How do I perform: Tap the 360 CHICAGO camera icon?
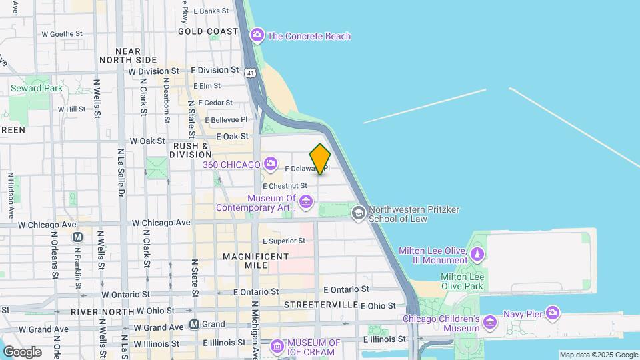[270, 163]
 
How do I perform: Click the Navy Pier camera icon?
[553, 312]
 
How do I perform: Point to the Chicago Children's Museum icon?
[490, 323]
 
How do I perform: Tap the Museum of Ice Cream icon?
[277, 347]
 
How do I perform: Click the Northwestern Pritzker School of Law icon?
[358, 213]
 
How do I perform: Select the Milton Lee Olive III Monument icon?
[477, 255]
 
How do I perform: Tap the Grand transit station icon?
[194, 324]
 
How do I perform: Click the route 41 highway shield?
[249, 71]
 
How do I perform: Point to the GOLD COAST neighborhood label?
[208, 31]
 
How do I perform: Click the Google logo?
[22, 351]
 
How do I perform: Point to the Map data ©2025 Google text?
[599, 355]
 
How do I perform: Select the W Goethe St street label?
[61, 33]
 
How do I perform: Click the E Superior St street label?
[283, 241]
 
